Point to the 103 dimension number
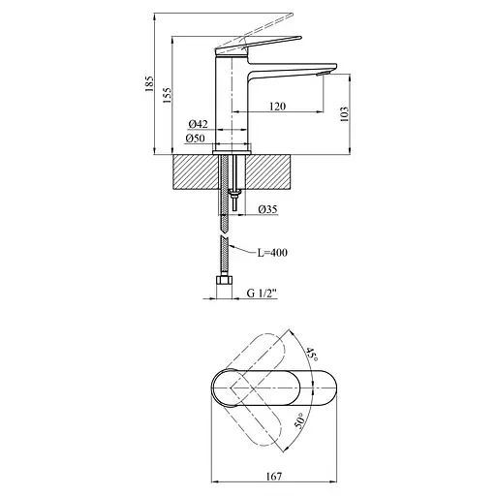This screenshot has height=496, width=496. (x=345, y=113)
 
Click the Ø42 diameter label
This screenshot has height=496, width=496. (x=199, y=124)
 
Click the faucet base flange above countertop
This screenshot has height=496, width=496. (x=228, y=148)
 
